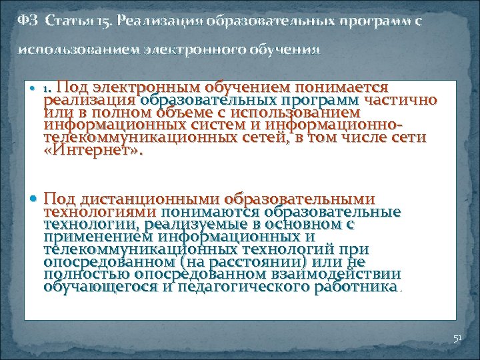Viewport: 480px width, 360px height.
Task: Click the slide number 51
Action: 457,339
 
